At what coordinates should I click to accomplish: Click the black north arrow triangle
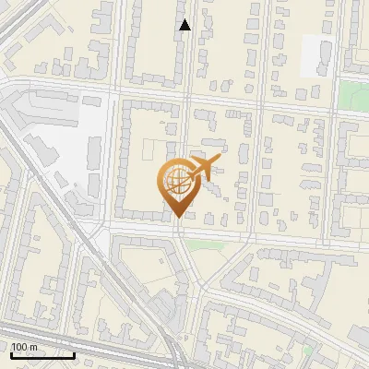tap(184, 25)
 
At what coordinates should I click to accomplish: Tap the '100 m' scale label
tap(24, 347)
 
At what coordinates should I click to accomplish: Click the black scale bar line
tap(42, 355)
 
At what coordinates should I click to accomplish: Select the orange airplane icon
tap(201, 168)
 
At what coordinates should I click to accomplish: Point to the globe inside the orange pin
tap(174, 182)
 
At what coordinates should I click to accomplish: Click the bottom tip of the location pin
tap(175, 218)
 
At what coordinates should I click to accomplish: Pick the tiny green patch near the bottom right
tap(310, 351)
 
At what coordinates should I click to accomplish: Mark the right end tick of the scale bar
tap(74, 353)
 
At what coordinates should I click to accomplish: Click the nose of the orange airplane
tap(220, 160)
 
